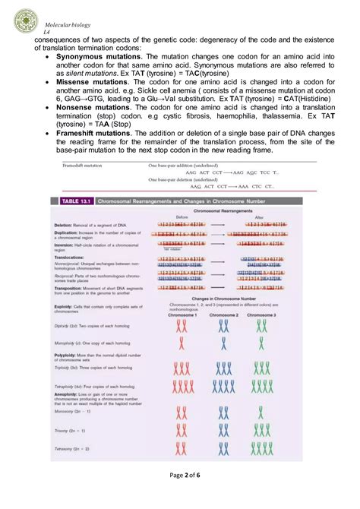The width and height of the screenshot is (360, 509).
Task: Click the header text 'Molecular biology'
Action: pyautogui.click(x=68, y=24)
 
